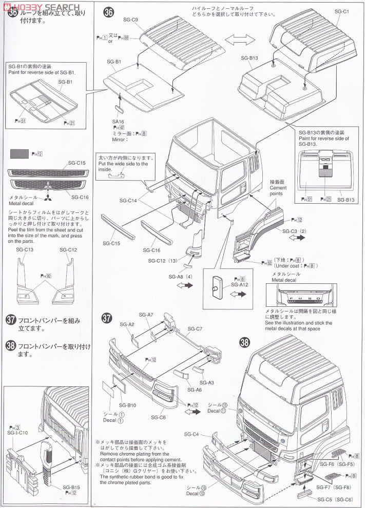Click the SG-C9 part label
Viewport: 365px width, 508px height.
[x=131, y=20]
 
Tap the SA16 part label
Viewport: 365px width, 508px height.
[x=118, y=122]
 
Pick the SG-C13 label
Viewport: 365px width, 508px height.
[x=25, y=250]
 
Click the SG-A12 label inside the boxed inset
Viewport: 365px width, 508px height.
[x=240, y=284]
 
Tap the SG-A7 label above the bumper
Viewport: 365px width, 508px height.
[x=146, y=315]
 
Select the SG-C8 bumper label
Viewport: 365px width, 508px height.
[x=158, y=417]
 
